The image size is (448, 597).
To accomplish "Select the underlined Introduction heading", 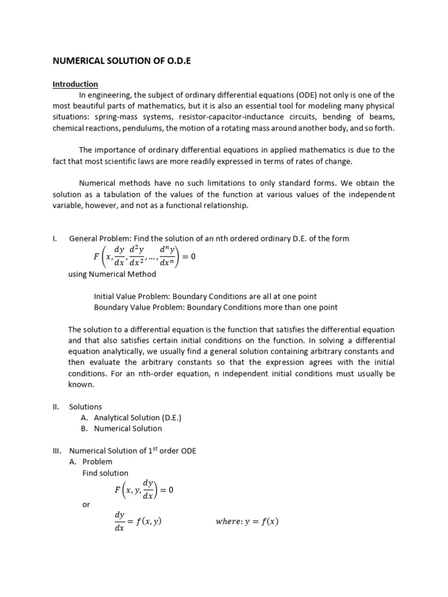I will pyautogui.click(x=75, y=84).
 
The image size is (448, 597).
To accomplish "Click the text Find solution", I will pyautogui.click(x=105, y=473).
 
